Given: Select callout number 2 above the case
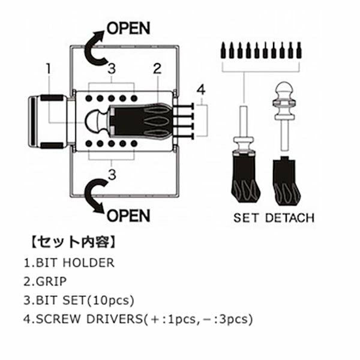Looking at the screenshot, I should click(x=157, y=68).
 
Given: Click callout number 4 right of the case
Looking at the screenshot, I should click(x=201, y=90).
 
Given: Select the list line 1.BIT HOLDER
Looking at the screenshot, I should click(x=68, y=263).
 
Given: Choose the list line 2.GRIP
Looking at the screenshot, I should click(x=47, y=281).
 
